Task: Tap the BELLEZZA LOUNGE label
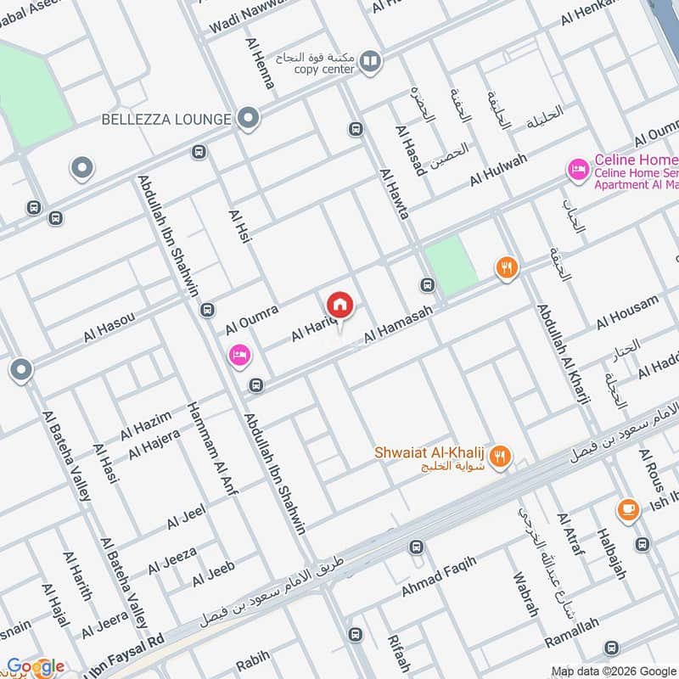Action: tap(166, 120)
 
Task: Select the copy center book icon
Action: tap(369, 60)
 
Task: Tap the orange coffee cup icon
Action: tap(628, 508)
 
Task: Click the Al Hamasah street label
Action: tap(398, 325)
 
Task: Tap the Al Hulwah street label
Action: tap(498, 171)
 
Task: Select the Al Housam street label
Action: tap(627, 311)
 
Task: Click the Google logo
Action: tap(36, 667)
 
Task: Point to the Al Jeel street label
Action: tap(186, 517)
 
